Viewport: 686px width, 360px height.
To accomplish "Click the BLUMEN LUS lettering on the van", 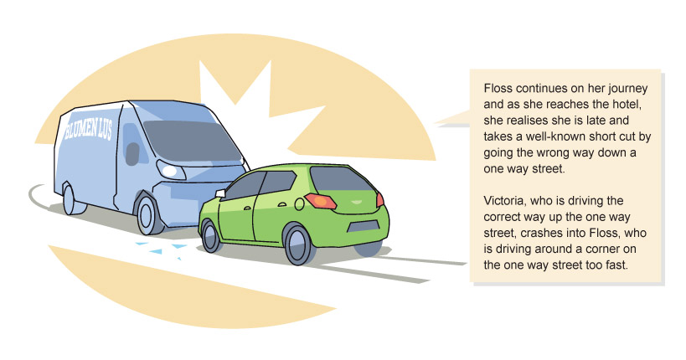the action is (x=89, y=129).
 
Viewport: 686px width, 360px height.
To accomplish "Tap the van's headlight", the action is (x=171, y=169).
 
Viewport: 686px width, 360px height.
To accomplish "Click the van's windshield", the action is (x=193, y=141).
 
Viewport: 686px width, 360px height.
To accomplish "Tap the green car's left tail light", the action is (x=321, y=201).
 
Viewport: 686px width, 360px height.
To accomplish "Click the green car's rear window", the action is (x=343, y=179).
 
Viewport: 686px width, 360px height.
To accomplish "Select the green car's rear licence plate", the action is (x=363, y=226).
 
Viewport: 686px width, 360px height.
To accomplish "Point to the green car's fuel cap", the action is (x=299, y=203).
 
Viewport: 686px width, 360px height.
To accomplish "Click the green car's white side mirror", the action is (x=220, y=193).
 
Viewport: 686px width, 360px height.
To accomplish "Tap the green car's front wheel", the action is (x=211, y=236).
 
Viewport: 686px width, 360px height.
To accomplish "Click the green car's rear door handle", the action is (x=282, y=204).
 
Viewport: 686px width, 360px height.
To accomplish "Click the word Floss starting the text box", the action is (x=498, y=89).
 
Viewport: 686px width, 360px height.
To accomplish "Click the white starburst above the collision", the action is (x=254, y=114).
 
